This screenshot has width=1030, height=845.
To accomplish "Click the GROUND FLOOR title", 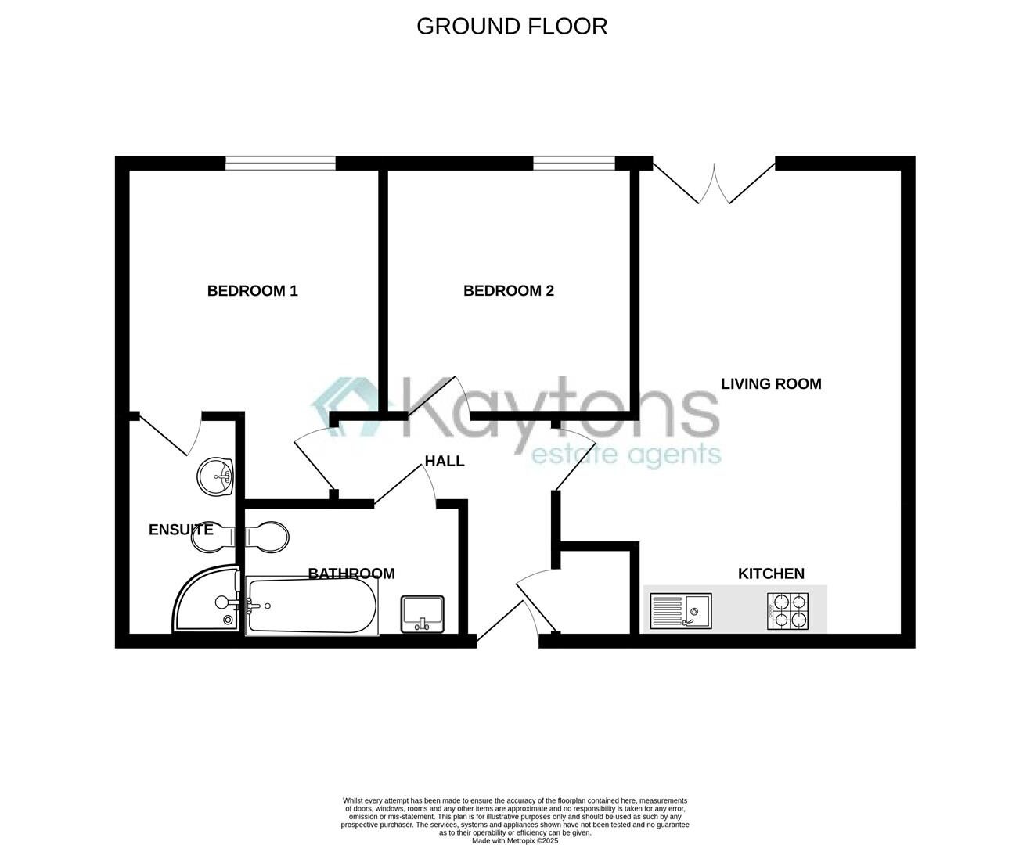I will tap(512, 26).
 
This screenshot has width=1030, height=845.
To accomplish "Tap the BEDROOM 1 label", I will tap(252, 291).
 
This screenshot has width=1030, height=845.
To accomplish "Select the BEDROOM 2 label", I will tap(509, 291).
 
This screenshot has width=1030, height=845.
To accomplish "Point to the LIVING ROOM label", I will tap(771, 384).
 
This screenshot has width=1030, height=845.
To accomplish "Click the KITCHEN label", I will tap(771, 574).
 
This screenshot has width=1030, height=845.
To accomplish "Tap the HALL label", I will tap(445, 461).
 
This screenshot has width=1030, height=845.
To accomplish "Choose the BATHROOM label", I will tap(351, 574).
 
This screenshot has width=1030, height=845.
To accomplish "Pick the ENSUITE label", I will tap(181, 530).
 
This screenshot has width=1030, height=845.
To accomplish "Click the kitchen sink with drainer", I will tap(680, 610).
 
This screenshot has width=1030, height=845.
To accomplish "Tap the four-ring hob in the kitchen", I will tap(788, 611).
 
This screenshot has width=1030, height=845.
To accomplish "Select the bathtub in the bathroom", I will tap(312, 606).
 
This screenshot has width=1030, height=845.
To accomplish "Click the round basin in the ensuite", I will tap(216, 476).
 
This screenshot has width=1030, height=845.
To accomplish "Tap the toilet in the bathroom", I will tap(267, 538).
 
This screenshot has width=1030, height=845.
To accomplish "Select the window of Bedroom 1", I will tap(280, 163).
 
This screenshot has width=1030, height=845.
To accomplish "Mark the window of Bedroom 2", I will tap(574, 163).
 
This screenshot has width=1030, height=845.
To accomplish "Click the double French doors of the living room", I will tap(714, 182).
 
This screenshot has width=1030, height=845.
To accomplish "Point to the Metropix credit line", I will tap(515, 841).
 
